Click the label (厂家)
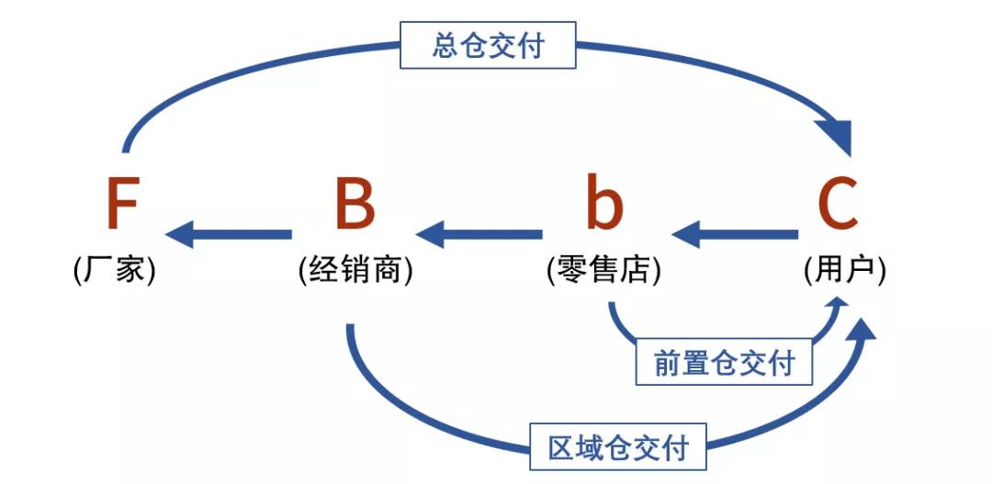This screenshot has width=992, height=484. (x=115, y=271)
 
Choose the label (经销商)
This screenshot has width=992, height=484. (x=355, y=271)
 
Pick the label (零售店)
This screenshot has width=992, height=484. (x=603, y=271)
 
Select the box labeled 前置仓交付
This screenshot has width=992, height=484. (x=724, y=364)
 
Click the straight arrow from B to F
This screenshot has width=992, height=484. (x=230, y=235)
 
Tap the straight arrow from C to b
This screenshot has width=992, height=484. (x=735, y=235)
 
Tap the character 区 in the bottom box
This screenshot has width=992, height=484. (x=561, y=450)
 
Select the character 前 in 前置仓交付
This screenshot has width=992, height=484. (x=668, y=364)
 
